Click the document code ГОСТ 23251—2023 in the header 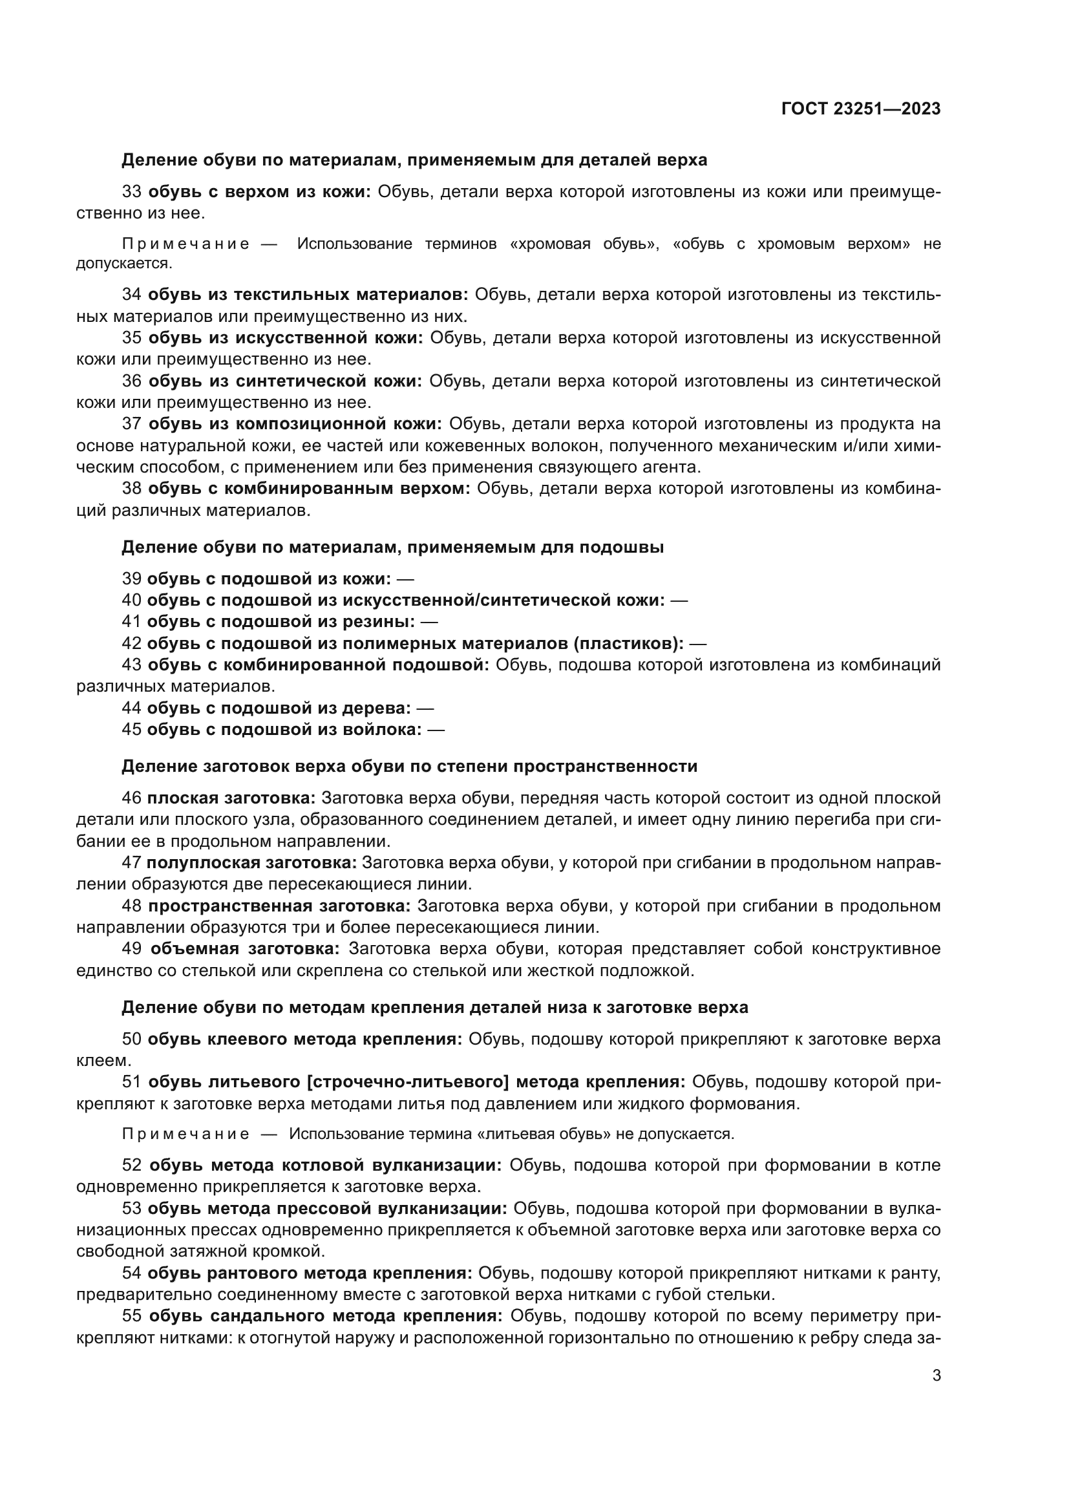pyautogui.click(x=860, y=109)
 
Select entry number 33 pyautogui.click(x=132, y=191)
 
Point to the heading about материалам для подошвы pyautogui.click(x=392, y=547)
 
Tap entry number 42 pyautogui.click(x=132, y=643)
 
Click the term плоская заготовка pyautogui.click(x=231, y=798)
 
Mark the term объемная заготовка pyautogui.click(x=245, y=949)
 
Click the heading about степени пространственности pyautogui.click(x=408, y=766)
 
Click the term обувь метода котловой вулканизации pyautogui.click(x=325, y=1166)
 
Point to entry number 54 pyautogui.click(x=132, y=1273)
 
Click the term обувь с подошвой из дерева pyautogui.click(x=279, y=708)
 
